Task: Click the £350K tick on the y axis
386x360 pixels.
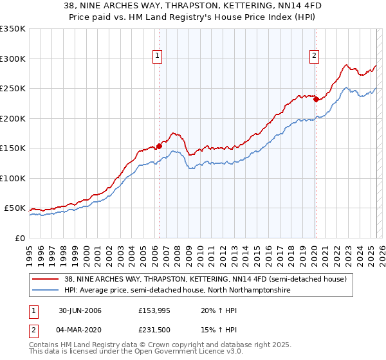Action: pos(13,29)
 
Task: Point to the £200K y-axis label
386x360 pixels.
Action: pos(13,118)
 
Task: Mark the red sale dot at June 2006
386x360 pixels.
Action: pos(159,146)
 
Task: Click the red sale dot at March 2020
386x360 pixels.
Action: pos(315,100)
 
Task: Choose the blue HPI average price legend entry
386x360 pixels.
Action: pos(178,291)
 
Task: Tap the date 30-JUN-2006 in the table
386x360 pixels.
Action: pos(80,310)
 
